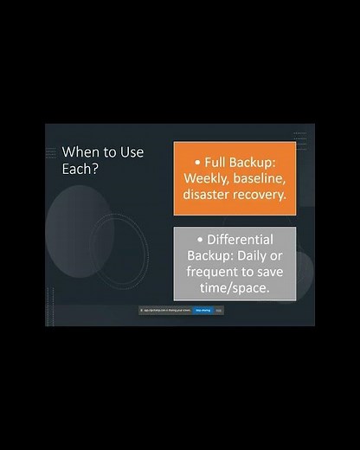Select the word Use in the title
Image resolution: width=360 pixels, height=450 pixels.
129,151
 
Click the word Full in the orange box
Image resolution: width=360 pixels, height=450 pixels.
218,162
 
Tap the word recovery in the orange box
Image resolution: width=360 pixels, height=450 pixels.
261,195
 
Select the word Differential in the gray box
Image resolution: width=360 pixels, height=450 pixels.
241,240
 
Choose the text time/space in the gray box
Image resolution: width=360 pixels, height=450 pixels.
235,289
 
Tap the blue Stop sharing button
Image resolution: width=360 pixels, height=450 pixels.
202,309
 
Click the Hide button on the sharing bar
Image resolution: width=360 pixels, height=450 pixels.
219,309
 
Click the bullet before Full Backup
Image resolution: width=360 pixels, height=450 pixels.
198,162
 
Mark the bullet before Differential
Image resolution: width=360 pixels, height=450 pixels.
201,240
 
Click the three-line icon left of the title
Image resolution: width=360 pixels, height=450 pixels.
51,152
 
